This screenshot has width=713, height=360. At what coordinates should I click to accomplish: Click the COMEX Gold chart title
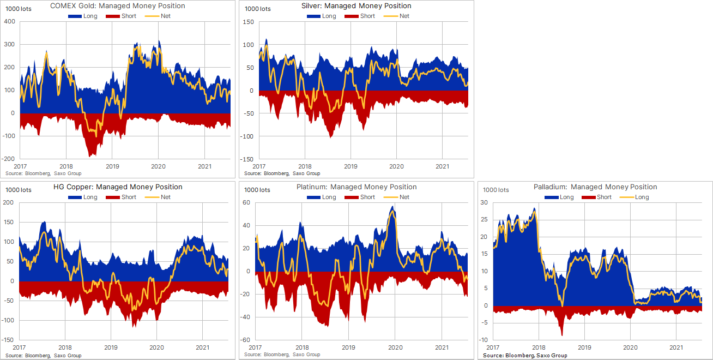[117, 6]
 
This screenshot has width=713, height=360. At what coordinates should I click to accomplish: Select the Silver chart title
[356, 6]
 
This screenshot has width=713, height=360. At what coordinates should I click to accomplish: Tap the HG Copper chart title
[118, 187]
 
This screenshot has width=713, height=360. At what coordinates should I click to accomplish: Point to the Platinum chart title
[356, 187]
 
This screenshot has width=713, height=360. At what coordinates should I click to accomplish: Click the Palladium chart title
[595, 187]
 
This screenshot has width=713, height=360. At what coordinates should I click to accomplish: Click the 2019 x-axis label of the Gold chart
[112, 166]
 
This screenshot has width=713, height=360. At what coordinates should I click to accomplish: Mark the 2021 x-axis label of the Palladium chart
[676, 347]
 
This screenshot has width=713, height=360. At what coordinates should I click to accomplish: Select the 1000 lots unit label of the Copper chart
[19, 190]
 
